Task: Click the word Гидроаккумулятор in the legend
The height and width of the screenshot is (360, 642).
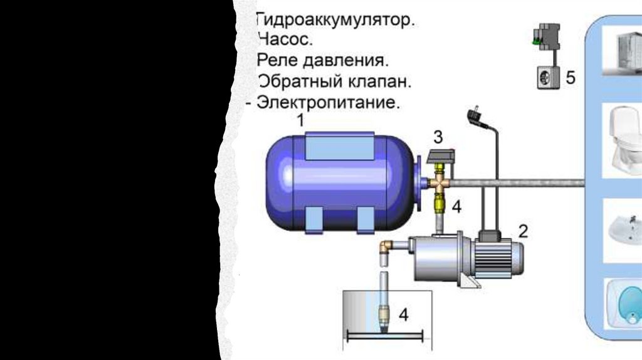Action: coord(334,21)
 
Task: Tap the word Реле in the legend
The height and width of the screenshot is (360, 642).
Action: coord(280,61)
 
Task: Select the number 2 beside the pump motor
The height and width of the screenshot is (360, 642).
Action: coord(523,231)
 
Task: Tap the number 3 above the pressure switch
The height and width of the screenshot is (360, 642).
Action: coord(438,136)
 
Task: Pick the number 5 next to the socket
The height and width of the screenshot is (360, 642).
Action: coord(570,78)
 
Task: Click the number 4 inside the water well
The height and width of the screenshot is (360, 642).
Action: coord(404,315)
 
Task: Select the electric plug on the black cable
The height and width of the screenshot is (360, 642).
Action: coord(474,117)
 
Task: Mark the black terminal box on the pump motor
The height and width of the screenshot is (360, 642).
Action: coord(490,236)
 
